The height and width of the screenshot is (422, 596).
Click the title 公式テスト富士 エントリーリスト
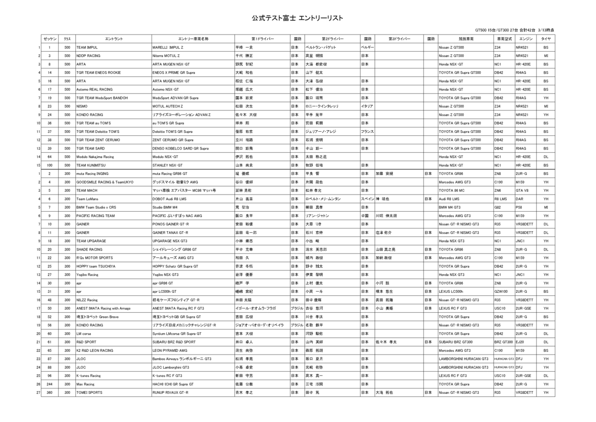pos(297,18)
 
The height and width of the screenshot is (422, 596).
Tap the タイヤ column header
pos(545,39)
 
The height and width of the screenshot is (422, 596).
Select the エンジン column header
pos(525,39)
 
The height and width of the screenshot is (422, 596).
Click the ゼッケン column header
pos(49,39)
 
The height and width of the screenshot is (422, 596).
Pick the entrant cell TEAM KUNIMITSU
pos(90,165)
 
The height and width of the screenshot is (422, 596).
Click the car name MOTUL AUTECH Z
pos(166,106)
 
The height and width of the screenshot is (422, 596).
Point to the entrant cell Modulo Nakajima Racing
pos(95,156)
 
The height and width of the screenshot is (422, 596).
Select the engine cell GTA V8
pos(523,190)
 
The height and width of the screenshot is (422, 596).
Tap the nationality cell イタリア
pos(366,106)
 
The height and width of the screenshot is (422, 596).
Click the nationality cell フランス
pos(366,131)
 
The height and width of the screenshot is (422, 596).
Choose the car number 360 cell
pos(49,392)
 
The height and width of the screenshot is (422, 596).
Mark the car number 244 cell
pos(49,383)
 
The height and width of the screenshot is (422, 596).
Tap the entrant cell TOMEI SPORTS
pos(89,392)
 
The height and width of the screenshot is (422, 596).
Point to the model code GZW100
pos(501,291)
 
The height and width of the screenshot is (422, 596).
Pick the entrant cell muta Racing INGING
pos(93,173)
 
